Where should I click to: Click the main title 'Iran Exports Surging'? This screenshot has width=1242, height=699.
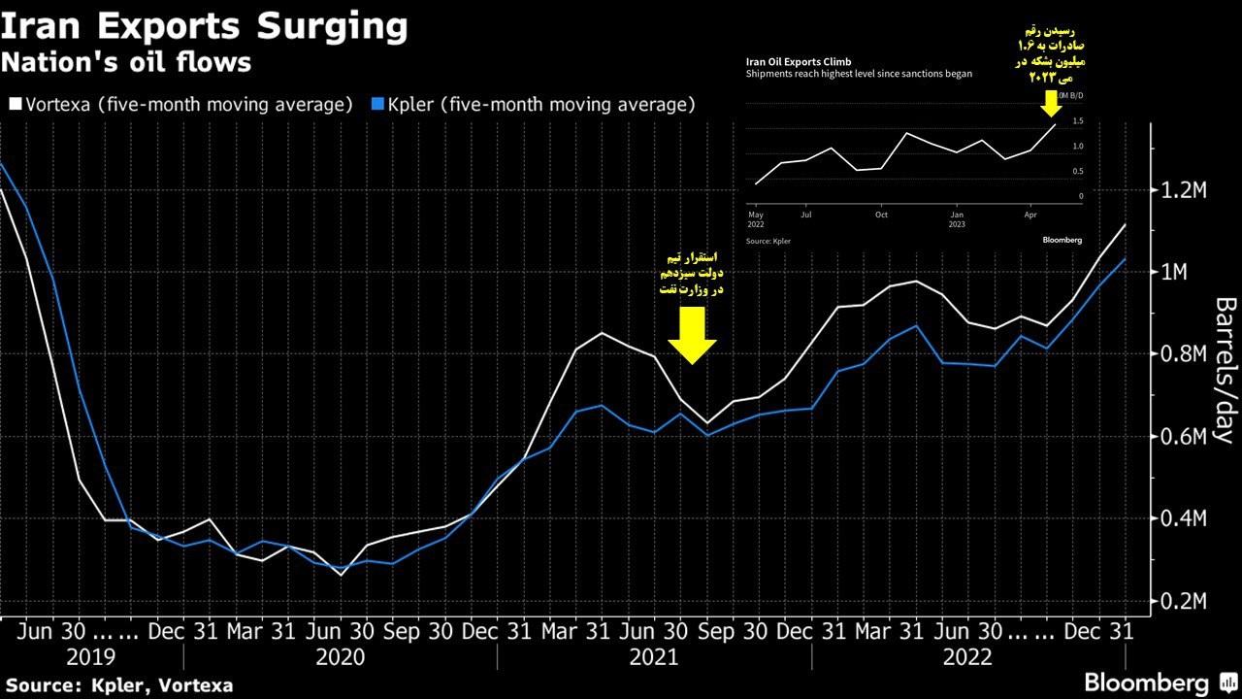coord(204,26)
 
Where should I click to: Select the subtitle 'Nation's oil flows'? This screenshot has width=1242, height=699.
coord(126,63)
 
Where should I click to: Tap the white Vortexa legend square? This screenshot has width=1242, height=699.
coord(15,104)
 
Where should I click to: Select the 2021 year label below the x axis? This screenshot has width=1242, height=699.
coord(654,658)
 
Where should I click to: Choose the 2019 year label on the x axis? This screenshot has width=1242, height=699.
coord(90,658)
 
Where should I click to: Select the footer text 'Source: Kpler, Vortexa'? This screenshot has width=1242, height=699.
coord(118,685)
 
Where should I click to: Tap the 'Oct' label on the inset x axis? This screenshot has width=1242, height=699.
coord(881,214)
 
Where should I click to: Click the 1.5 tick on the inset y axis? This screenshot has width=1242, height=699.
coord(1078,121)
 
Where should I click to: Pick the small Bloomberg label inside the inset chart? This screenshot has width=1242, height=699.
coord(1062,239)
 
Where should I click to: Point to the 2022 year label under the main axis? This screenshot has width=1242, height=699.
coord(967,658)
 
